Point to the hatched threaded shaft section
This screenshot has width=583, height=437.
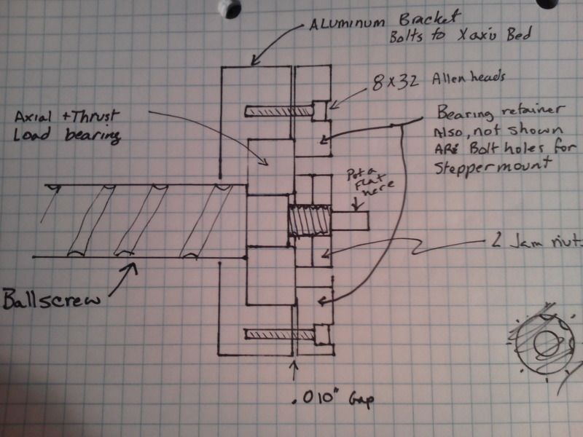click(x=310, y=220)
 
